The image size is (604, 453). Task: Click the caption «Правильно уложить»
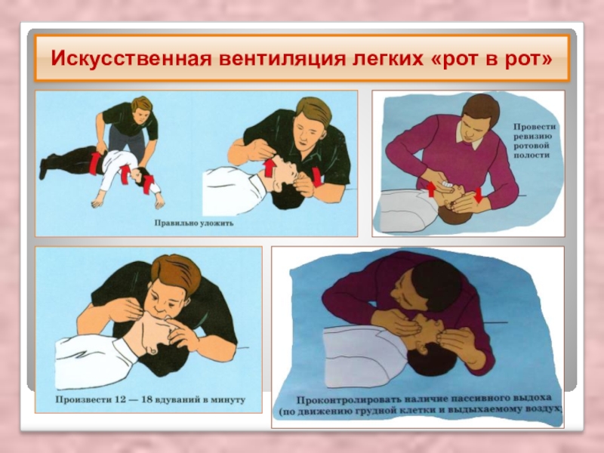pos(194,223)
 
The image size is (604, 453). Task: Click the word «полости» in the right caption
pos(532,156)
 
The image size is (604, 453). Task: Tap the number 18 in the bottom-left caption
pos(146,399)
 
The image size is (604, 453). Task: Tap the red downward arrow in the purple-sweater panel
pos(478,195)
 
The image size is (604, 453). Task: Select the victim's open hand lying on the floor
pos(98,202)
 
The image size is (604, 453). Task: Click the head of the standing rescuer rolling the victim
pos(141,109)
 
